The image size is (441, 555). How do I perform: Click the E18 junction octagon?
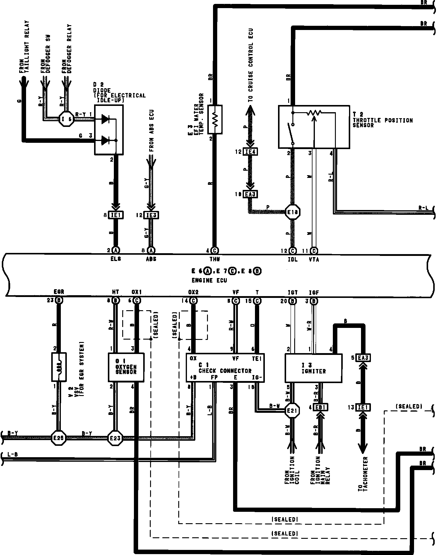click(293, 212)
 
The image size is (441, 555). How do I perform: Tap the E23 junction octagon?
click(115, 438)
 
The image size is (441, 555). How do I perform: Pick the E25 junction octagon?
click(58, 438)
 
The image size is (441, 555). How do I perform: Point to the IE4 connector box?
click(250, 152)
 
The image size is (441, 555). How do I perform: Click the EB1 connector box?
click(321, 407)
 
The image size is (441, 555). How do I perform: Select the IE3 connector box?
click(151, 215)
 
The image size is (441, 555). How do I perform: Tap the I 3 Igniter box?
click(313, 368)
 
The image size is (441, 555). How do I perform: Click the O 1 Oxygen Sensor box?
click(126, 367)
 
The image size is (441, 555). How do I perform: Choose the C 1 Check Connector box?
click(225, 367)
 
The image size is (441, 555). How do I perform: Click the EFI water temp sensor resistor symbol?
click(215, 119)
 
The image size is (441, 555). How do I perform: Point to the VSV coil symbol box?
click(59, 367)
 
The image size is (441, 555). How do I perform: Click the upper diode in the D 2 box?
click(105, 119)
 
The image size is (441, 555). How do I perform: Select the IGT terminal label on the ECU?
click(292, 292)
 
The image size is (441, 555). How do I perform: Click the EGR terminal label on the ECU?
click(59, 292)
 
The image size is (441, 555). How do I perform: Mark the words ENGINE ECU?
click(209, 280)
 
